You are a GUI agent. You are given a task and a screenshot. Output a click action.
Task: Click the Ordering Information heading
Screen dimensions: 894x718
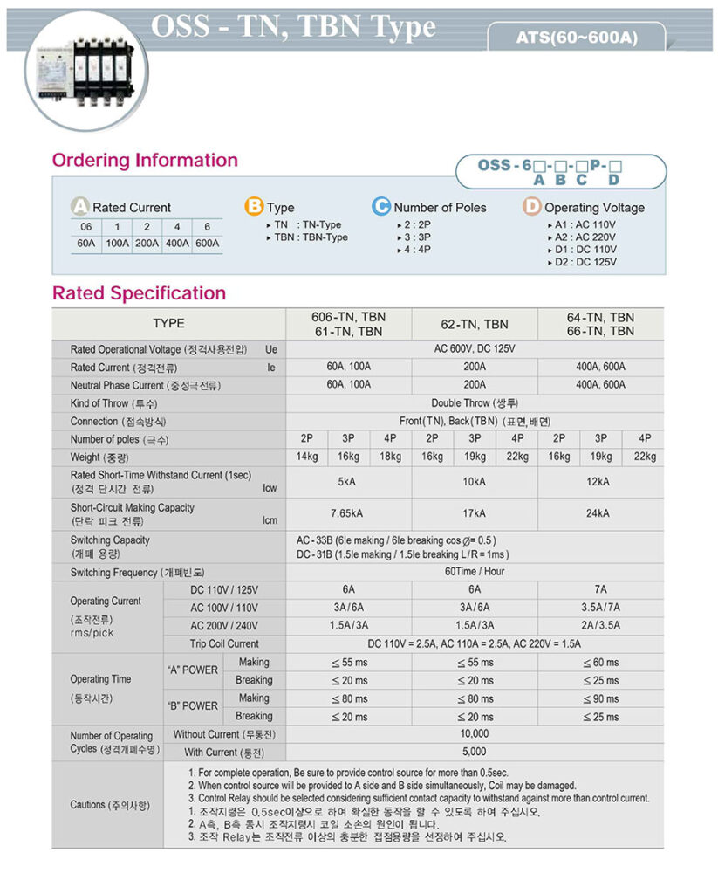(x=145, y=160)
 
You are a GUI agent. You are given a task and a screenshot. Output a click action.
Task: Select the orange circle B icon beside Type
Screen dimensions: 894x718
(x=254, y=207)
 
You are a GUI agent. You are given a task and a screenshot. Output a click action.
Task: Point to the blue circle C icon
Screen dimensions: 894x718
(x=381, y=207)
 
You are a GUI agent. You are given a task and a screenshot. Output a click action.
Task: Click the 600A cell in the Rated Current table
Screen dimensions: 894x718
(x=207, y=244)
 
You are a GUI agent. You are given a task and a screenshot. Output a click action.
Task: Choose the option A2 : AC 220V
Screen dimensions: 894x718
(x=585, y=237)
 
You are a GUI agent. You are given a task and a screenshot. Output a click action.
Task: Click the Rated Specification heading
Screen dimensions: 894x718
(x=139, y=292)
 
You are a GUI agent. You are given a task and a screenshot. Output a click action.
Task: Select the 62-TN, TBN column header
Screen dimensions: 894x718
(x=475, y=324)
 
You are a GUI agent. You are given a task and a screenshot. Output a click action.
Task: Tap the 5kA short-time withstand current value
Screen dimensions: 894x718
(x=348, y=481)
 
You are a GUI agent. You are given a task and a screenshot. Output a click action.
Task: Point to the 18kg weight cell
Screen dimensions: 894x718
(x=390, y=457)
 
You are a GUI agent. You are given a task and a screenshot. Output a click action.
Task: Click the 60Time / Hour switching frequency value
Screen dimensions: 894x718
(x=475, y=572)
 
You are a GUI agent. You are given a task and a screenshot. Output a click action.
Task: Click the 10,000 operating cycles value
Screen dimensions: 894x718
(x=475, y=734)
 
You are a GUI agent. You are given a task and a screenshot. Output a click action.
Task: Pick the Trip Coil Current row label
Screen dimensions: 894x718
(x=224, y=643)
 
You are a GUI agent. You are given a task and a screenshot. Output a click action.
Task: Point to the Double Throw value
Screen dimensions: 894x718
(x=475, y=403)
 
